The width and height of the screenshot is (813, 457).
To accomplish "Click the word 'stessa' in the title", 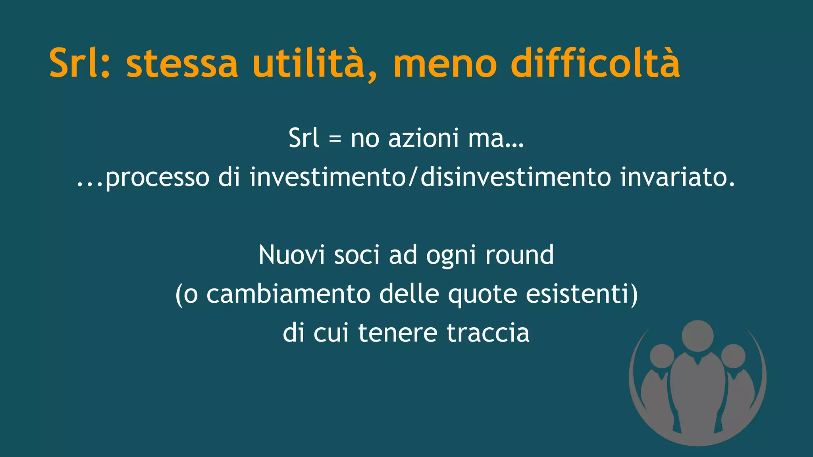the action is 182,63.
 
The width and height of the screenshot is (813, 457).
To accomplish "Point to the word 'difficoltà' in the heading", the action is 595,62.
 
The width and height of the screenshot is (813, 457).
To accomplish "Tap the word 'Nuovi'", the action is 292,255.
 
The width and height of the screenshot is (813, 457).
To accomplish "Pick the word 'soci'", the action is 357,255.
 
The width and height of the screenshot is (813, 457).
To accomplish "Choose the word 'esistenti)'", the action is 582,294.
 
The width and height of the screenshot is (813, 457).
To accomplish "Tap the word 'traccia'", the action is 488,333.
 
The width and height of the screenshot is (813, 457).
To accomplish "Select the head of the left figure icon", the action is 662,356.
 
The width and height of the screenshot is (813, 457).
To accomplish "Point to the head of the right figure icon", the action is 733,356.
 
